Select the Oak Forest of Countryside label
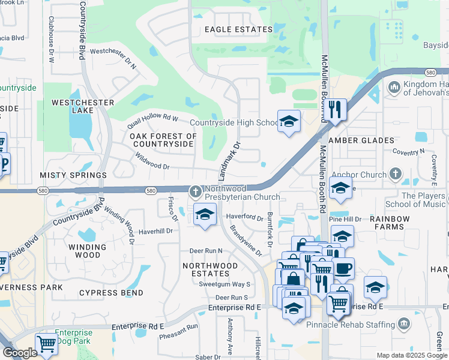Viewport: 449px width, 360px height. pos(164,140)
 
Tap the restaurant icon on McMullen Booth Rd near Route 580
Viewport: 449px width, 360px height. pos(336,110)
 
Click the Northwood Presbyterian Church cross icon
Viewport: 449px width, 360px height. pos(195,191)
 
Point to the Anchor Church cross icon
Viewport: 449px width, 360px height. pos(395,175)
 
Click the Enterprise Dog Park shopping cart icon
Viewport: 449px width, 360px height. pos(46,344)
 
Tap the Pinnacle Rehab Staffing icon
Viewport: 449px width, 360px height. pos(403,325)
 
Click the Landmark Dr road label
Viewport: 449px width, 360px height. pos(229,161)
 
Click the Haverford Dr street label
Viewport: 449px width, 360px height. pos(244,217)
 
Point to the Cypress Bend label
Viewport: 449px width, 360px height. pos(111,293)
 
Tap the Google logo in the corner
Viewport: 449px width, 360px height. pos(20,353)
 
